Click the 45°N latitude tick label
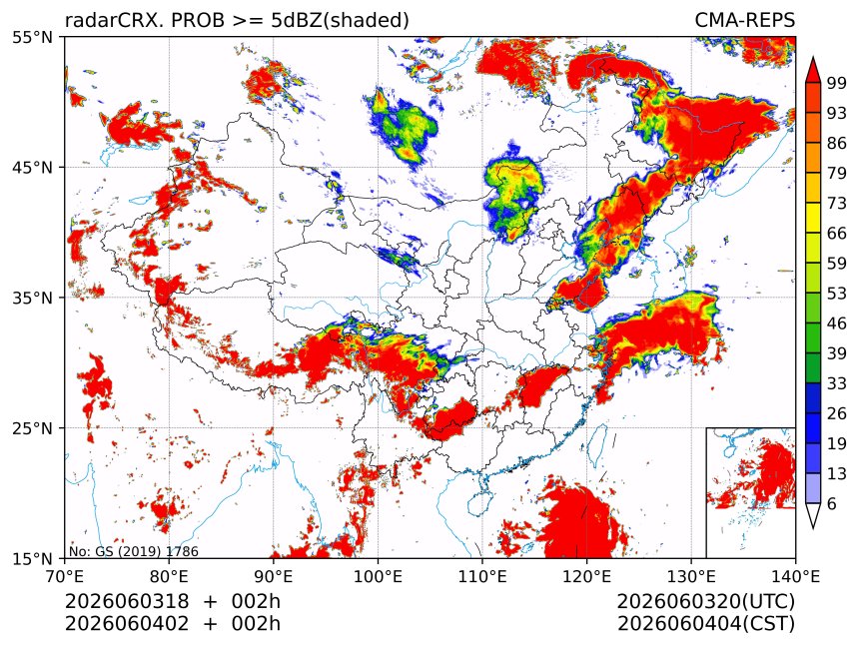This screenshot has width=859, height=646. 33,167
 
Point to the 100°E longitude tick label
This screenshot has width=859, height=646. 378,576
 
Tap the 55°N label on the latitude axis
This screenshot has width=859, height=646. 33,37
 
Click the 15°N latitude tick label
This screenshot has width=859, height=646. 33,558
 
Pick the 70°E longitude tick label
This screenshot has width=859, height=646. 65,576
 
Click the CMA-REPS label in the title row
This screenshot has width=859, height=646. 744,20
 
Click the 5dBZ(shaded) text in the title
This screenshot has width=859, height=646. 341,21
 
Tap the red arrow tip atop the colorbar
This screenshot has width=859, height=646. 812,58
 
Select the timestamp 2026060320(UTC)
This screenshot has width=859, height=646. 705,602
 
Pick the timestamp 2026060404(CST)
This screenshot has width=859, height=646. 706,624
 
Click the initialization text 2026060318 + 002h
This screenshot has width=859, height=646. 173,601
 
